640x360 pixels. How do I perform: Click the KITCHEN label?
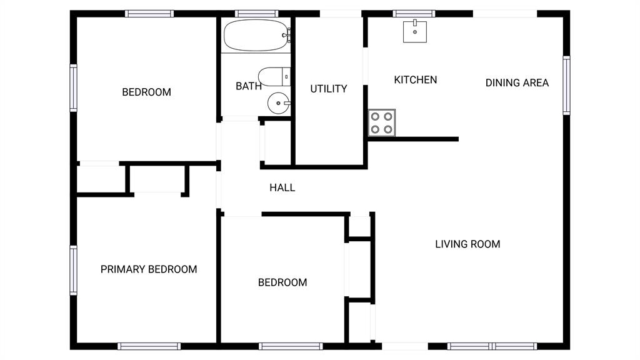(x=416, y=79)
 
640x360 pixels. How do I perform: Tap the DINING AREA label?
(x=517, y=83)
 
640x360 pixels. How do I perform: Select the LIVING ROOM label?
(x=467, y=244)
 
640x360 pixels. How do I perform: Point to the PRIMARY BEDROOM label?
(x=149, y=269)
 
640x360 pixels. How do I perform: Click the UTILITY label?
(x=329, y=89)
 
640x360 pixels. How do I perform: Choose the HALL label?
(x=282, y=187)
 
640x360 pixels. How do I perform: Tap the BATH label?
(x=249, y=86)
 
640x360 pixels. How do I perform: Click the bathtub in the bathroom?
(x=257, y=36)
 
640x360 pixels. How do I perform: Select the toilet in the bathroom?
(x=274, y=77)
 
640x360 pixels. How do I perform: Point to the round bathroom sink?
(x=279, y=103)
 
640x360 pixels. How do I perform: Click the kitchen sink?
(x=415, y=31)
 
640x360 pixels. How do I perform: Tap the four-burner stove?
(x=382, y=122)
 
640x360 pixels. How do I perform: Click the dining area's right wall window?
(x=566, y=85)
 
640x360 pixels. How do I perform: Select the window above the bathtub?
(x=257, y=14)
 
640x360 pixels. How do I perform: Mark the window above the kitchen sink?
(x=414, y=14)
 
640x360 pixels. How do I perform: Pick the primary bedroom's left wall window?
(x=74, y=270)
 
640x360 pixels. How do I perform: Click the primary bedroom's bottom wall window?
(x=149, y=346)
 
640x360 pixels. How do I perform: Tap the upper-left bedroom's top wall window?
(x=149, y=14)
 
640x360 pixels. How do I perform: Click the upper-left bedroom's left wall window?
(x=74, y=87)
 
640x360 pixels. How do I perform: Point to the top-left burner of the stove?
(x=375, y=116)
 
